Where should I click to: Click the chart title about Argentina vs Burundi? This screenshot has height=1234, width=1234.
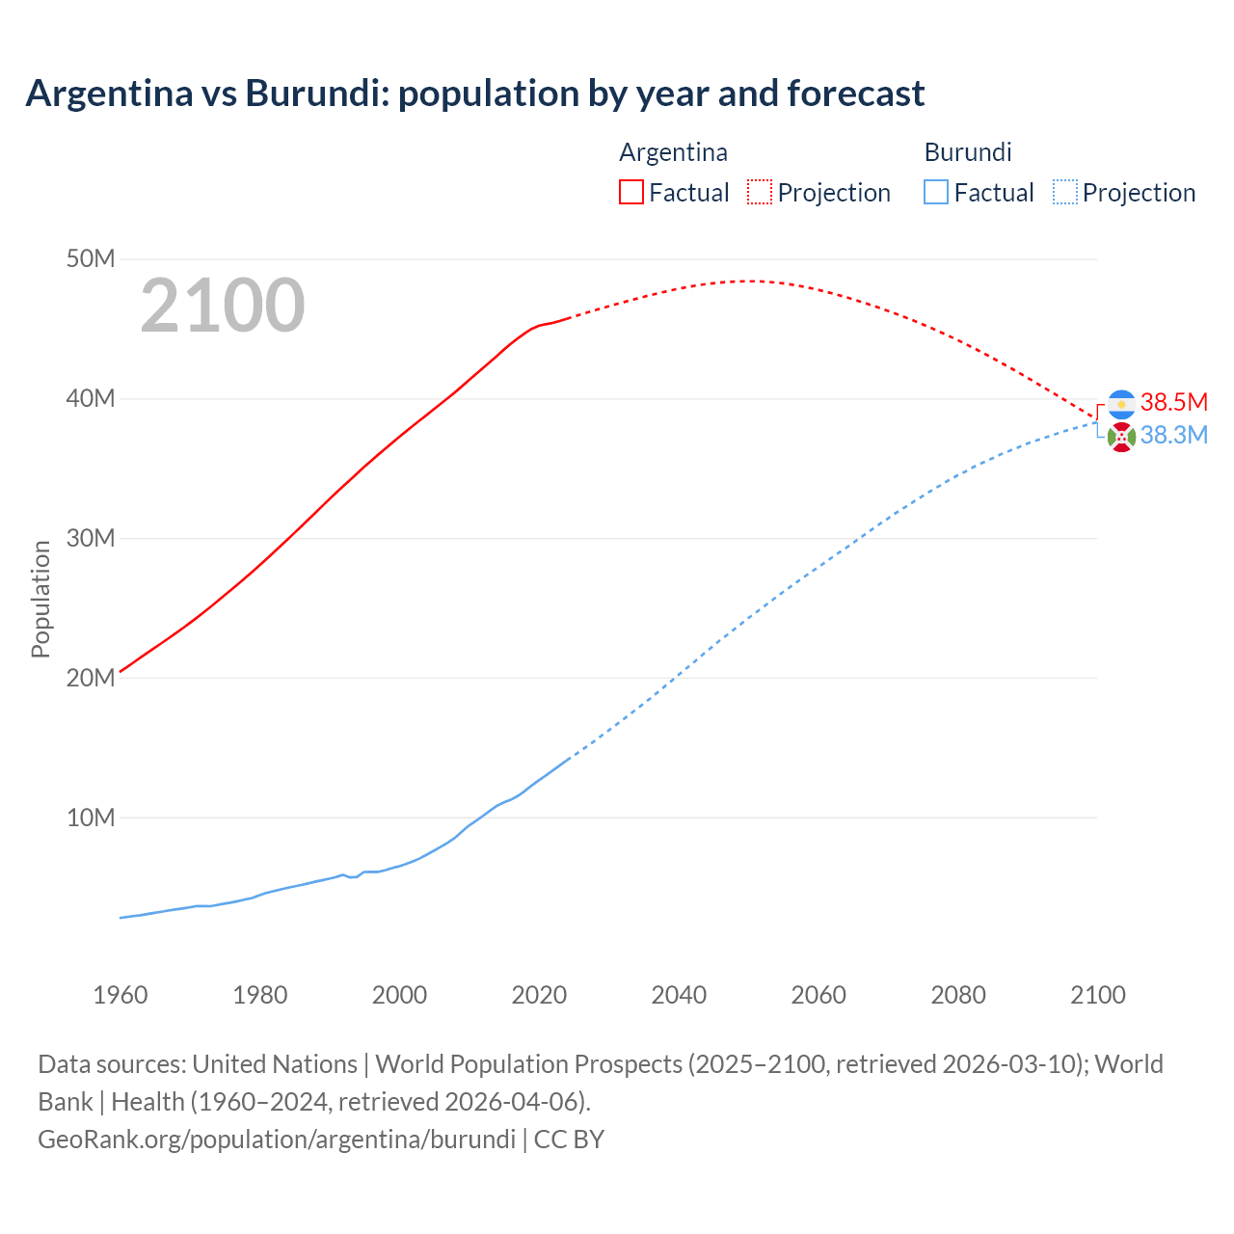pyautogui.click(x=474, y=94)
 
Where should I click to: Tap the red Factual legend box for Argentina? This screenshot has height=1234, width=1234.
pyautogui.click(x=631, y=192)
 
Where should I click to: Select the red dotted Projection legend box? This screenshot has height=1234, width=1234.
pyautogui.click(x=760, y=192)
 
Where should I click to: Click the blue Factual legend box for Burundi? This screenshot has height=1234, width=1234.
pyautogui.click(x=936, y=192)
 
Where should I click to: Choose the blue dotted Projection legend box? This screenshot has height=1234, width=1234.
pyautogui.click(x=1064, y=192)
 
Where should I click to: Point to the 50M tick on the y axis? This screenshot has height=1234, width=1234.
pyautogui.click(x=91, y=259)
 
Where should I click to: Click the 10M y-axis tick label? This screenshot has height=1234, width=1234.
pyautogui.click(x=91, y=818)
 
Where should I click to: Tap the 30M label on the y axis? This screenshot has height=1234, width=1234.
pyautogui.click(x=91, y=538)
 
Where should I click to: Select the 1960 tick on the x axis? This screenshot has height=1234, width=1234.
pyautogui.click(x=121, y=995)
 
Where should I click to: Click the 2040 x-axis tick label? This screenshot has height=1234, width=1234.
pyautogui.click(x=679, y=995)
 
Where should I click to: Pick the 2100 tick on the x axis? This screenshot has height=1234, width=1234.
pyautogui.click(x=1097, y=995)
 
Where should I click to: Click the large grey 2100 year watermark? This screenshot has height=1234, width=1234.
pyautogui.click(x=223, y=307)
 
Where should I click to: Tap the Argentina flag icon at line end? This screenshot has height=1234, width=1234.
pyautogui.click(x=1121, y=404)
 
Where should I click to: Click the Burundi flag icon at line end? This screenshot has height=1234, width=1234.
pyautogui.click(x=1121, y=437)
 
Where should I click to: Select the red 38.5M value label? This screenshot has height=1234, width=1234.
pyautogui.click(x=1173, y=402)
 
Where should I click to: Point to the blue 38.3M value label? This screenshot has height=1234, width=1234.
pyautogui.click(x=1173, y=435)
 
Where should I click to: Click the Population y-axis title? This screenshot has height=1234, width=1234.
pyautogui.click(x=40, y=599)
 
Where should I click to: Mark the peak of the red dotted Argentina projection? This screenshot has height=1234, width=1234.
pyautogui.click(x=747, y=281)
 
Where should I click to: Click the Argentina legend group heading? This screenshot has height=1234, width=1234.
pyautogui.click(x=673, y=152)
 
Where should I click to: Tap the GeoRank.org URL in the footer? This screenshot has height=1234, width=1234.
pyautogui.click(x=277, y=1139)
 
